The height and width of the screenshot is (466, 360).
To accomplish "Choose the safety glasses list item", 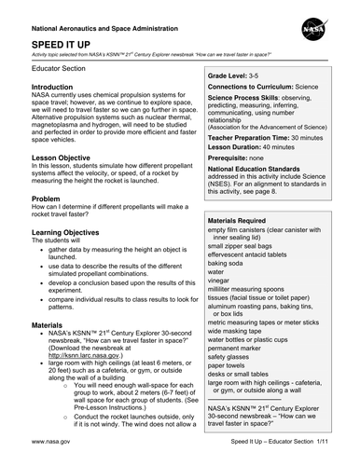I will tap(228, 355).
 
